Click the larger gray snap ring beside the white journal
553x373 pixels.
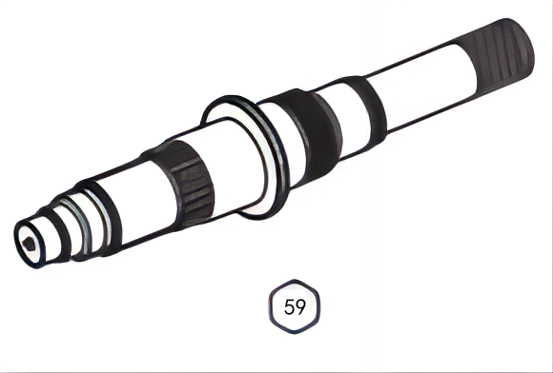point(94,216)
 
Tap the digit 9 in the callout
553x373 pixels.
point(302,307)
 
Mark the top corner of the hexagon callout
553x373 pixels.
point(297,281)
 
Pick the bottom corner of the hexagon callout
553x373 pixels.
point(297,334)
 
